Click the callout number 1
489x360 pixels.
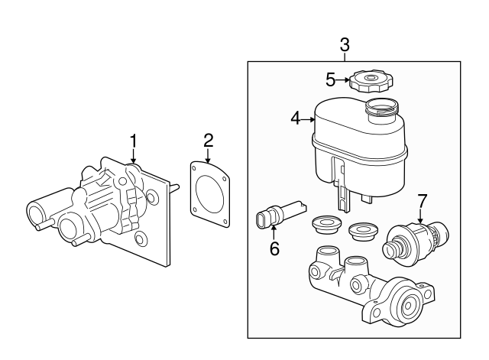pyautogui.click(x=134, y=141)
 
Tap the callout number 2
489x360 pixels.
pyautogui.click(x=208, y=140)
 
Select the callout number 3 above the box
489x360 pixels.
pyautogui.click(x=345, y=45)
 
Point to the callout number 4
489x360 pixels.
pyautogui.click(x=295, y=118)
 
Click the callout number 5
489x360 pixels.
pyautogui.click(x=330, y=78)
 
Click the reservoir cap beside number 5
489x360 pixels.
pyautogui.click(x=371, y=80)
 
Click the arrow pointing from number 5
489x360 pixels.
pyautogui.click(x=344, y=78)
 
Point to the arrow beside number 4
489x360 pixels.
pyautogui.click(x=309, y=118)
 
